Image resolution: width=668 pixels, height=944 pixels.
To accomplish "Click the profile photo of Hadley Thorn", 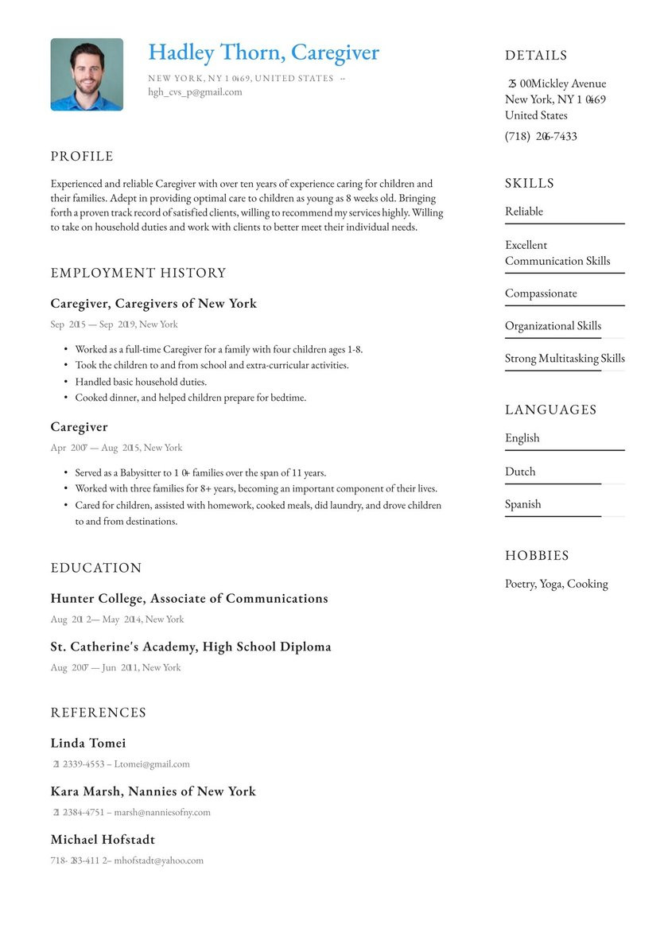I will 87,74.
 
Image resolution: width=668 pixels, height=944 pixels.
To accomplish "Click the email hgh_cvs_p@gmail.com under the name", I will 195,92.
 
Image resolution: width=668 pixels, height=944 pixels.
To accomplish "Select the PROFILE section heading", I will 82,157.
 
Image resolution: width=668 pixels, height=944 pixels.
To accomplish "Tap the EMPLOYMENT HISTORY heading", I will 138,273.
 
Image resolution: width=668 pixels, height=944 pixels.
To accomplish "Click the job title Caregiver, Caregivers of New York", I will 153,304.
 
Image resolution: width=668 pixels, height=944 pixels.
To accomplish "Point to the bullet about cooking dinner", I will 190,398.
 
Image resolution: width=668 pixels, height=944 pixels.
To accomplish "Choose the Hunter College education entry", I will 189,599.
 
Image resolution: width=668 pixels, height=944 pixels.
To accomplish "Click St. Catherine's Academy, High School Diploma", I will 191,647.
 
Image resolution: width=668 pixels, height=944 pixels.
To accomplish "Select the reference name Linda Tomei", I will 88,744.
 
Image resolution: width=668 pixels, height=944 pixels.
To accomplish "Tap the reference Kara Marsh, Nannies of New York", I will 153,792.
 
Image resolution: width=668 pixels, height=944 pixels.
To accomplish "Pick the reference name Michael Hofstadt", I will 103,840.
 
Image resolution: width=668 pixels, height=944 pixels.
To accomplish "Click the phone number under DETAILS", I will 541,137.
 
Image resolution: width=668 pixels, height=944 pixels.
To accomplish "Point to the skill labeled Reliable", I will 524,212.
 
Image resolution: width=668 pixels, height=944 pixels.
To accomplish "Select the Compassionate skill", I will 541,293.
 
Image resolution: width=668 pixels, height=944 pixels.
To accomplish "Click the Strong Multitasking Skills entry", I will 565,359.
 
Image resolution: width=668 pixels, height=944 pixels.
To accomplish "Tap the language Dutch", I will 520,472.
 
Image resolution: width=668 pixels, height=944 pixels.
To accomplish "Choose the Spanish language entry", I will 522,504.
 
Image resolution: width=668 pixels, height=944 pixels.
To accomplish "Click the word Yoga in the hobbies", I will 550,584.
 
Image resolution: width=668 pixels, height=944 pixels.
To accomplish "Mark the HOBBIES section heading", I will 537,556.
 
